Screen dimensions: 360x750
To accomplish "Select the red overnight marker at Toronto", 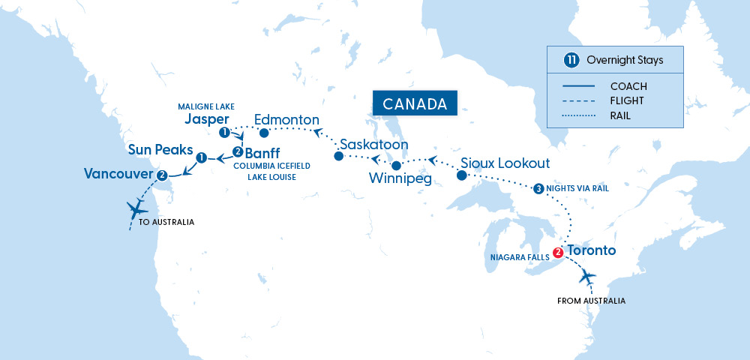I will click(557, 252).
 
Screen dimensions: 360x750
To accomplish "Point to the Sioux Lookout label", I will click(505, 163).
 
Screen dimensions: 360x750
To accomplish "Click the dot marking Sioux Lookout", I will click(461, 175).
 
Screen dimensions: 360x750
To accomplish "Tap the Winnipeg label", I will click(400, 180).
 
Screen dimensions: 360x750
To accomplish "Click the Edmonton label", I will click(287, 119).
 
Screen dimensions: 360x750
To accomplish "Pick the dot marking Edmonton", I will click(263, 133).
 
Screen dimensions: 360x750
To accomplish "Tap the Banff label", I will click(261, 152).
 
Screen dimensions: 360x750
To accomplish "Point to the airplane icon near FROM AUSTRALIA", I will click(587, 278).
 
